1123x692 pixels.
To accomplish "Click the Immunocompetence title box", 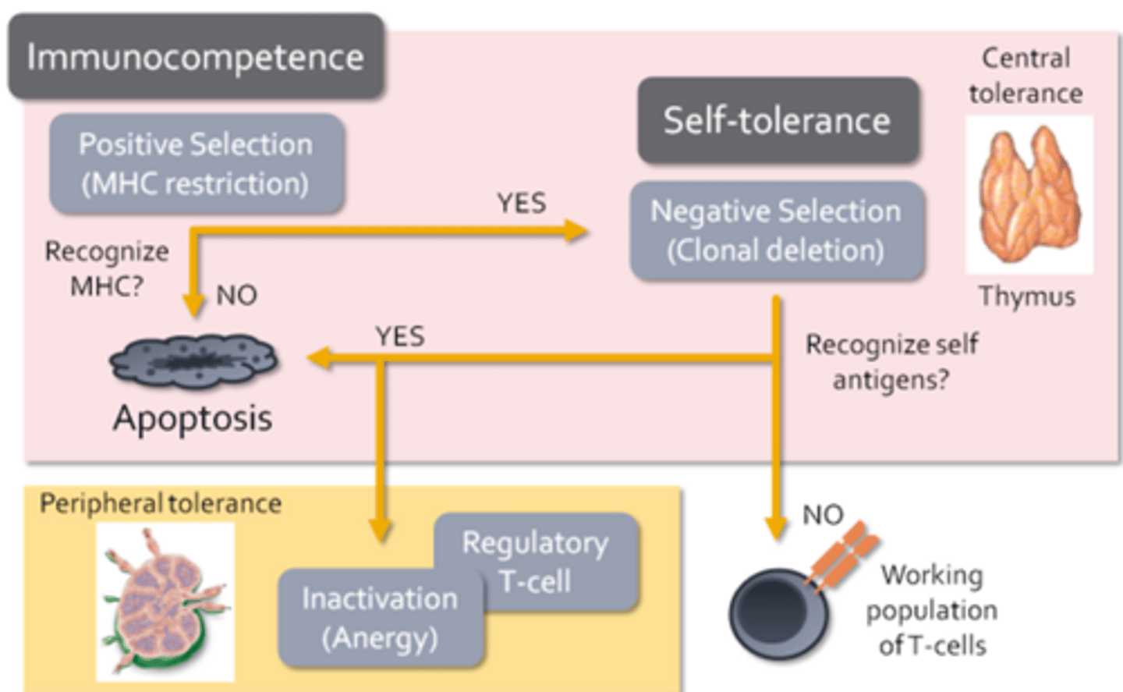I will tap(195, 57).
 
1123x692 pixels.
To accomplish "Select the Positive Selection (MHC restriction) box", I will tap(196, 164).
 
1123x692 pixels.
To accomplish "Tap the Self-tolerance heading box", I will tap(777, 121).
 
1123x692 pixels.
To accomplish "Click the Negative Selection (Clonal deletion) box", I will tap(776, 231).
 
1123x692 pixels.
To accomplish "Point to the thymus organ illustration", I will tap(1029, 195).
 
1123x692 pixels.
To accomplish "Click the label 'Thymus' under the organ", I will tap(1027, 296).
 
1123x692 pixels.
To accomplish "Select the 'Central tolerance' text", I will tap(1026, 76).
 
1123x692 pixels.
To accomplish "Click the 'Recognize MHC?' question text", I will tap(107, 268).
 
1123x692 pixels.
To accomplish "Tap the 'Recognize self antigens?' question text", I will tap(891, 362).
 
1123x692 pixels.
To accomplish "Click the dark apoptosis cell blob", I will tap(193, 361).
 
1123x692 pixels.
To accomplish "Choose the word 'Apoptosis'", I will tap(193, 418).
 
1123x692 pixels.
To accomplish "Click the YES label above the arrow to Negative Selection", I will tap(522, 204).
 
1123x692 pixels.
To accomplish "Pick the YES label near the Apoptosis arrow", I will tap(400, 337).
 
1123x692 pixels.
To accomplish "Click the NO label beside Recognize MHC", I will tap(236, 295).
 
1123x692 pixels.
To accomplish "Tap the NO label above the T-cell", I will tap(823, 515).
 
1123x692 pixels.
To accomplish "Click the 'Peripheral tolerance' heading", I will tap(161, 504).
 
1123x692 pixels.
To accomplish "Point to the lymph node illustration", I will tap(165, 601).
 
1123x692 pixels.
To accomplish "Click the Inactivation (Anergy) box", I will tap(380, 618).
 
